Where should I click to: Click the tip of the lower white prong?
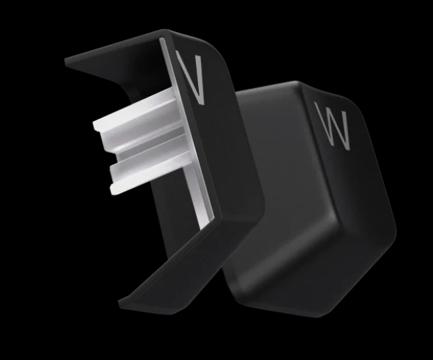(x=112, y=190)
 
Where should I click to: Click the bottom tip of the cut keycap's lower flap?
(x=120, y=303)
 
